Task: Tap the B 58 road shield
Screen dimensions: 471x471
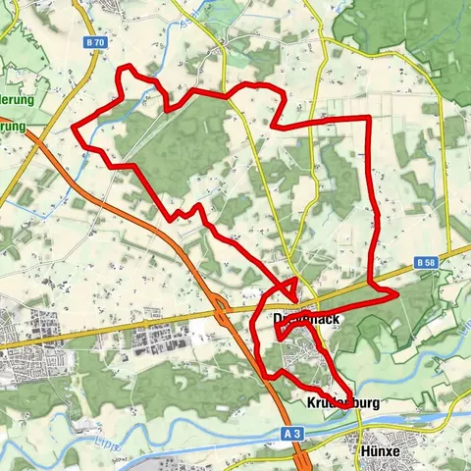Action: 425,264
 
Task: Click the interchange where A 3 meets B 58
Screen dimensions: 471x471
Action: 223,313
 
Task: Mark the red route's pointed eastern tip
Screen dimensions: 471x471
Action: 397,292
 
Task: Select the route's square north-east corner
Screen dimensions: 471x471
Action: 368,118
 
